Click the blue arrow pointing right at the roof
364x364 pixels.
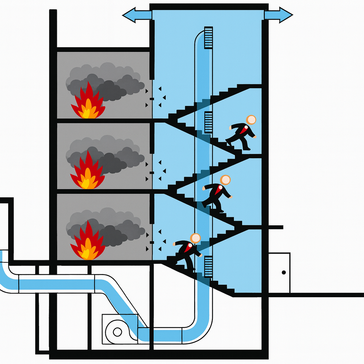pyautogui.click(x=279, y=15)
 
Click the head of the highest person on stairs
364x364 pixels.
pyautogui.click(x=251, y=120)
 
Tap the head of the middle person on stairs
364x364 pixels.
pyautogui.click(x=225, y=180)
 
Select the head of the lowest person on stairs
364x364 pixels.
pyautogui.click(x=195, y=238)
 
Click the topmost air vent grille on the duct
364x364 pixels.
pyautogui.click(x=208, y=37)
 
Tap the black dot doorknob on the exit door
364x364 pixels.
pyautogui.click(x=284, y=272)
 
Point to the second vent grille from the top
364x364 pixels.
pyautogui.click(x=208, y=122)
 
